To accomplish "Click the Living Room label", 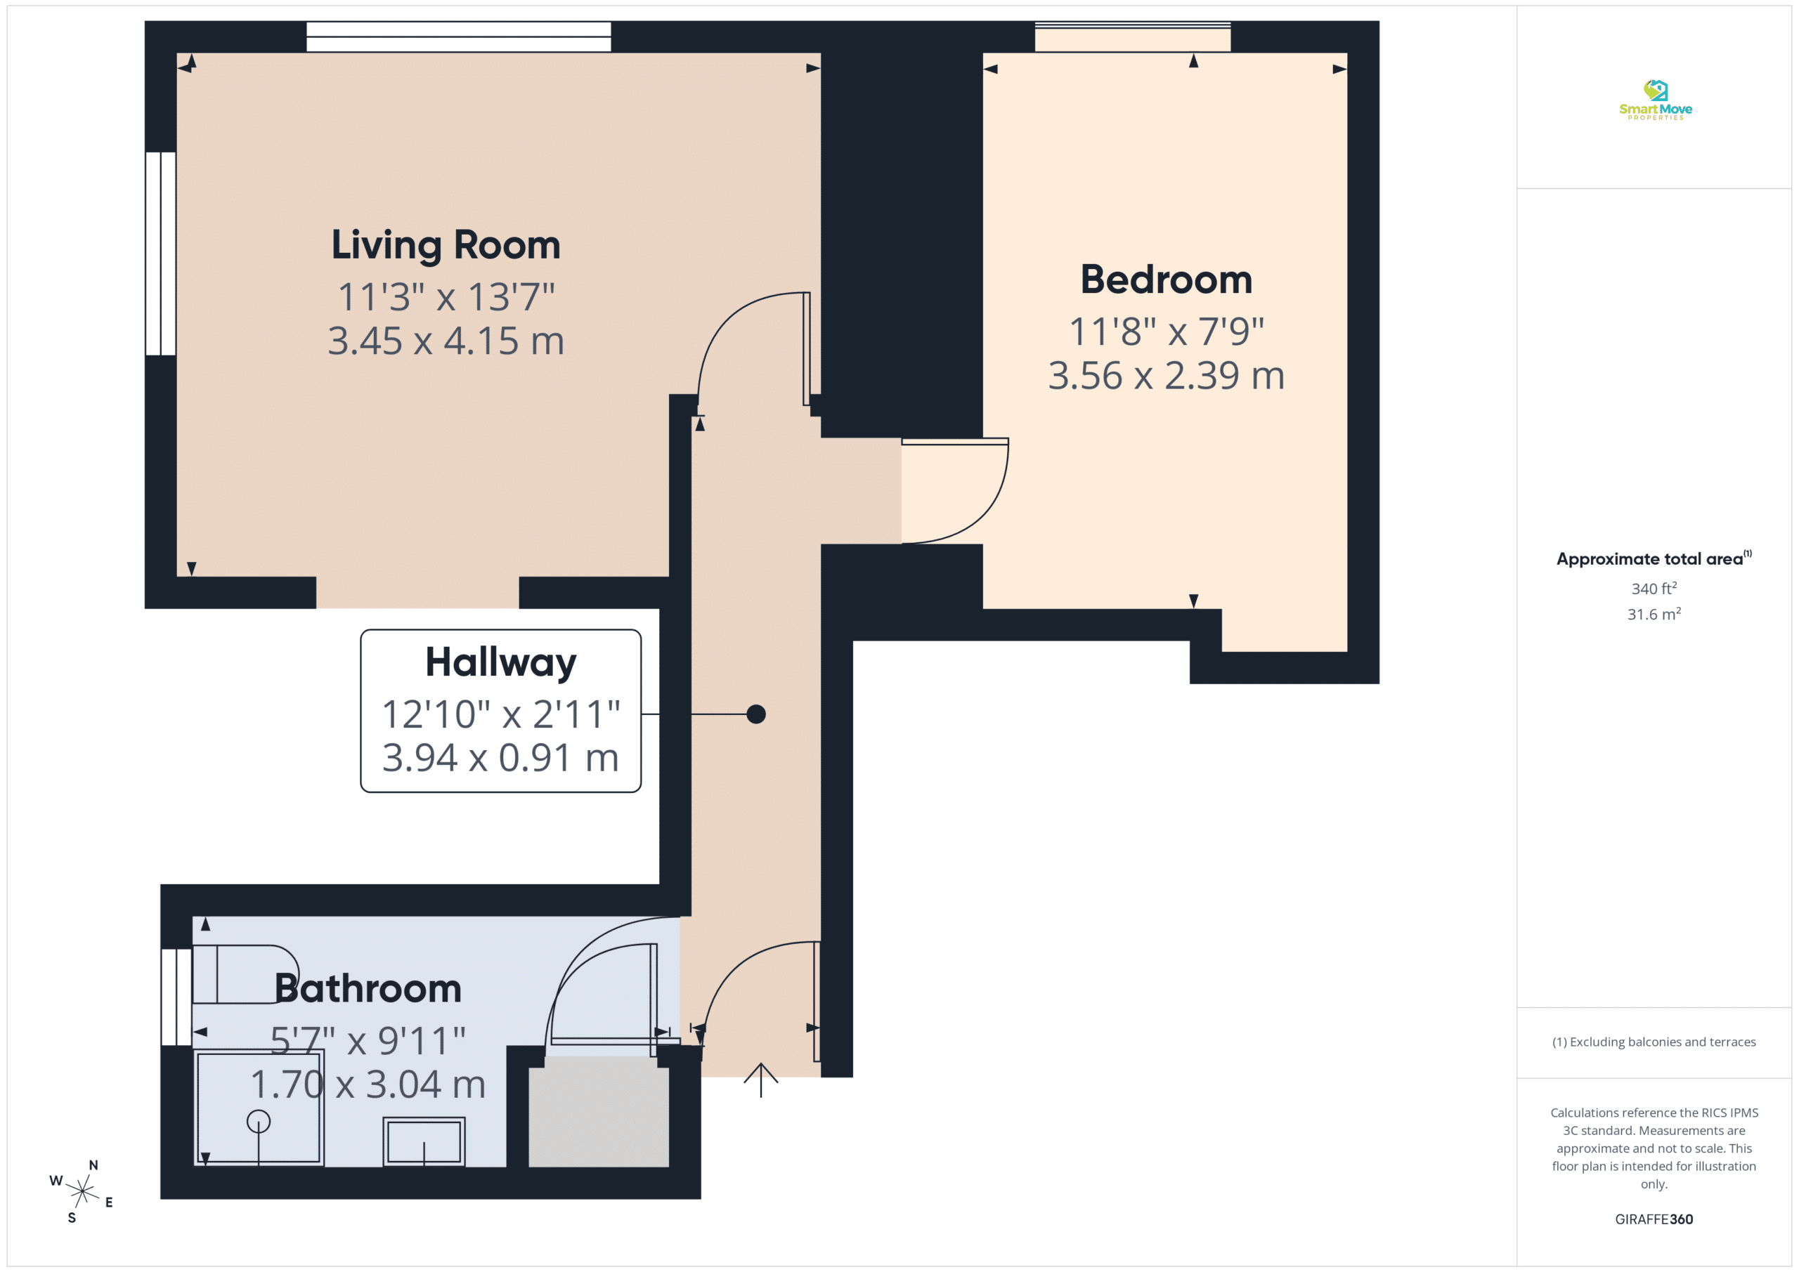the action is tap(446, 244).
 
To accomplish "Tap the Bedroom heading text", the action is tap(1166, 280).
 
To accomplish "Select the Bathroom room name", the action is tap(368, 988).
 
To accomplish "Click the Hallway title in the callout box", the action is tap(500, 662).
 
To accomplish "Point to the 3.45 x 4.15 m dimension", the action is tap(446, 341).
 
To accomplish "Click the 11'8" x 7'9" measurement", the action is tap(1166, 332).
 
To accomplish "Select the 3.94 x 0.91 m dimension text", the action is tap(500, 758).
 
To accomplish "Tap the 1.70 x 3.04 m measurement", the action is tap(368, 1084).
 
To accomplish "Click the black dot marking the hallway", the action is tap(756, 714).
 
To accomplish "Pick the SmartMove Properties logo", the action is tap(1655, 100).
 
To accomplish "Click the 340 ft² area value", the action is tap(1654, 588).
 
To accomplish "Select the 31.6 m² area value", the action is tap(1654, 614).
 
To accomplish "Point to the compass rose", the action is tap(82, 1191).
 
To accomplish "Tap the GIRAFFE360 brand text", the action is tap(1654, 1219).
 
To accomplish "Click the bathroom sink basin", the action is tap(424, 1142).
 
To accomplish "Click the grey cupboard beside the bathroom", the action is tap(599, 1111).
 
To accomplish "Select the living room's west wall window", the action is tap(161, 254).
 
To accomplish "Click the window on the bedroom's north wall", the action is tap(1133, 37).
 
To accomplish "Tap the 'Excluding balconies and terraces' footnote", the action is tap(1654, 1042).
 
